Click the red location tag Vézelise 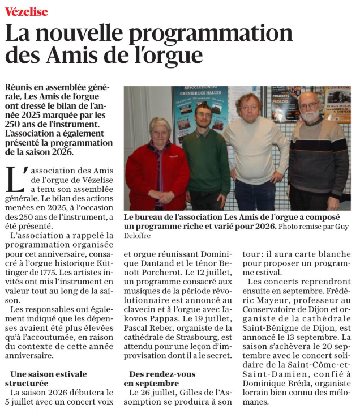(x=27, y=11)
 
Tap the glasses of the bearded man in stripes (x=308, y=106)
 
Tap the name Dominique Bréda (x=272, y=383)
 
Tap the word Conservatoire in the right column (x=271, y=309)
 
